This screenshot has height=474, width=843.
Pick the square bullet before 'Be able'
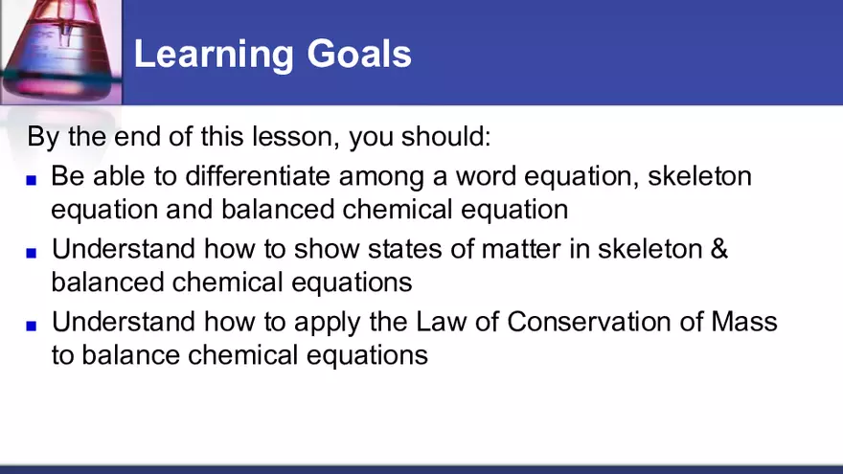[x=32, y=179]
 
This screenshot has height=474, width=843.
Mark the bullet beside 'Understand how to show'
[x=32, y=252]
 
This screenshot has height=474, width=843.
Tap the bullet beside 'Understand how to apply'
[x=32, y=325]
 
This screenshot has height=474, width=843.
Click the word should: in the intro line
[x=444, y=136]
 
